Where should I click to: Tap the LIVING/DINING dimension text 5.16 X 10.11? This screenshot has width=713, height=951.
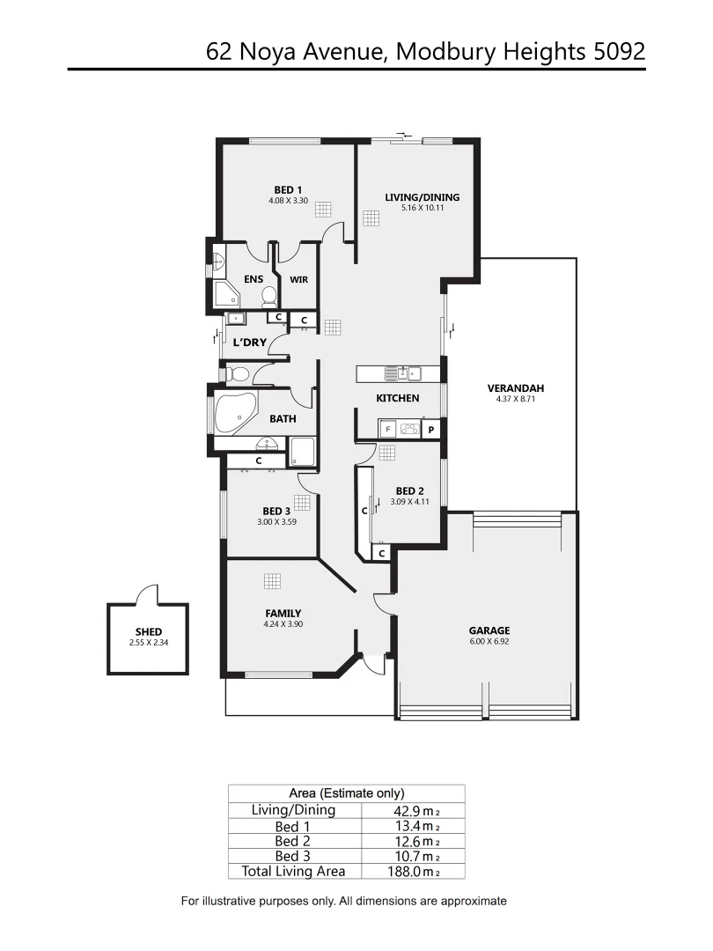(422, 208)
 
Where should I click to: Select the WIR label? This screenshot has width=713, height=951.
(298, 281)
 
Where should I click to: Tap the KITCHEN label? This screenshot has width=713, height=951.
(398, 398)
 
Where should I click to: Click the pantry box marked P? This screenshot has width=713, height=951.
(431, 430)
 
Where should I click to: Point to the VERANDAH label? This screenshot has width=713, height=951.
(516, 388)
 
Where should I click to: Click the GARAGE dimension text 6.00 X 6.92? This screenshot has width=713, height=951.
(489, 642)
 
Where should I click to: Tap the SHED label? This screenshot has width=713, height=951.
(148, 632)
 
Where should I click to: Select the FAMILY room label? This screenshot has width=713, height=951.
(283, 613)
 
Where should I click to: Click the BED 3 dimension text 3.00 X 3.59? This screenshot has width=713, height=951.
(276, 521)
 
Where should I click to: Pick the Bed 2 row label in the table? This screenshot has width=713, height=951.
(293, 841)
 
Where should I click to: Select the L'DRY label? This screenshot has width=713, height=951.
(249, 342)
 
